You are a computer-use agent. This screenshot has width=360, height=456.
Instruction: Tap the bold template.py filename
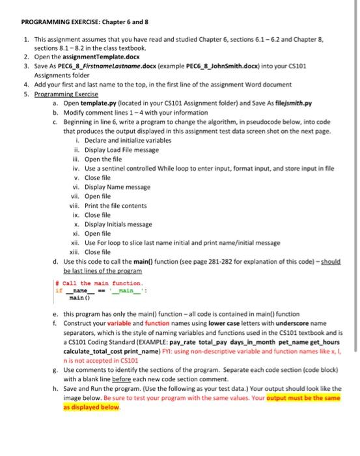[90, 103]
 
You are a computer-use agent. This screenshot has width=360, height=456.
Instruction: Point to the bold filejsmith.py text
[290, 103]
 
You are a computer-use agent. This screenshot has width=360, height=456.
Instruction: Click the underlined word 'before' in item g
[143, 381]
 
